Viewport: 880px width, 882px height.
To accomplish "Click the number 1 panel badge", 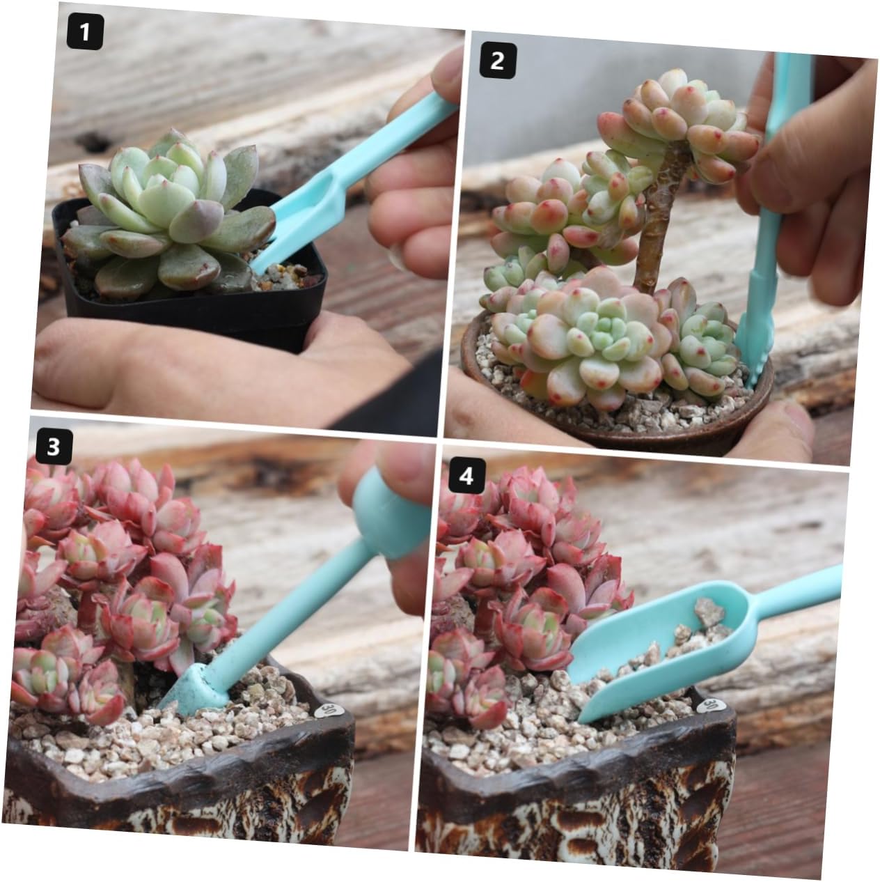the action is click(x=85, y=31).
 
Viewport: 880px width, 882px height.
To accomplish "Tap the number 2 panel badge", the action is click(x=498, y=60).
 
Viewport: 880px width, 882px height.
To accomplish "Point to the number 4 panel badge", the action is click(x=466, y=475).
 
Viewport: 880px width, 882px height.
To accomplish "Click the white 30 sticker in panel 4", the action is click(x=708, y=704).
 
